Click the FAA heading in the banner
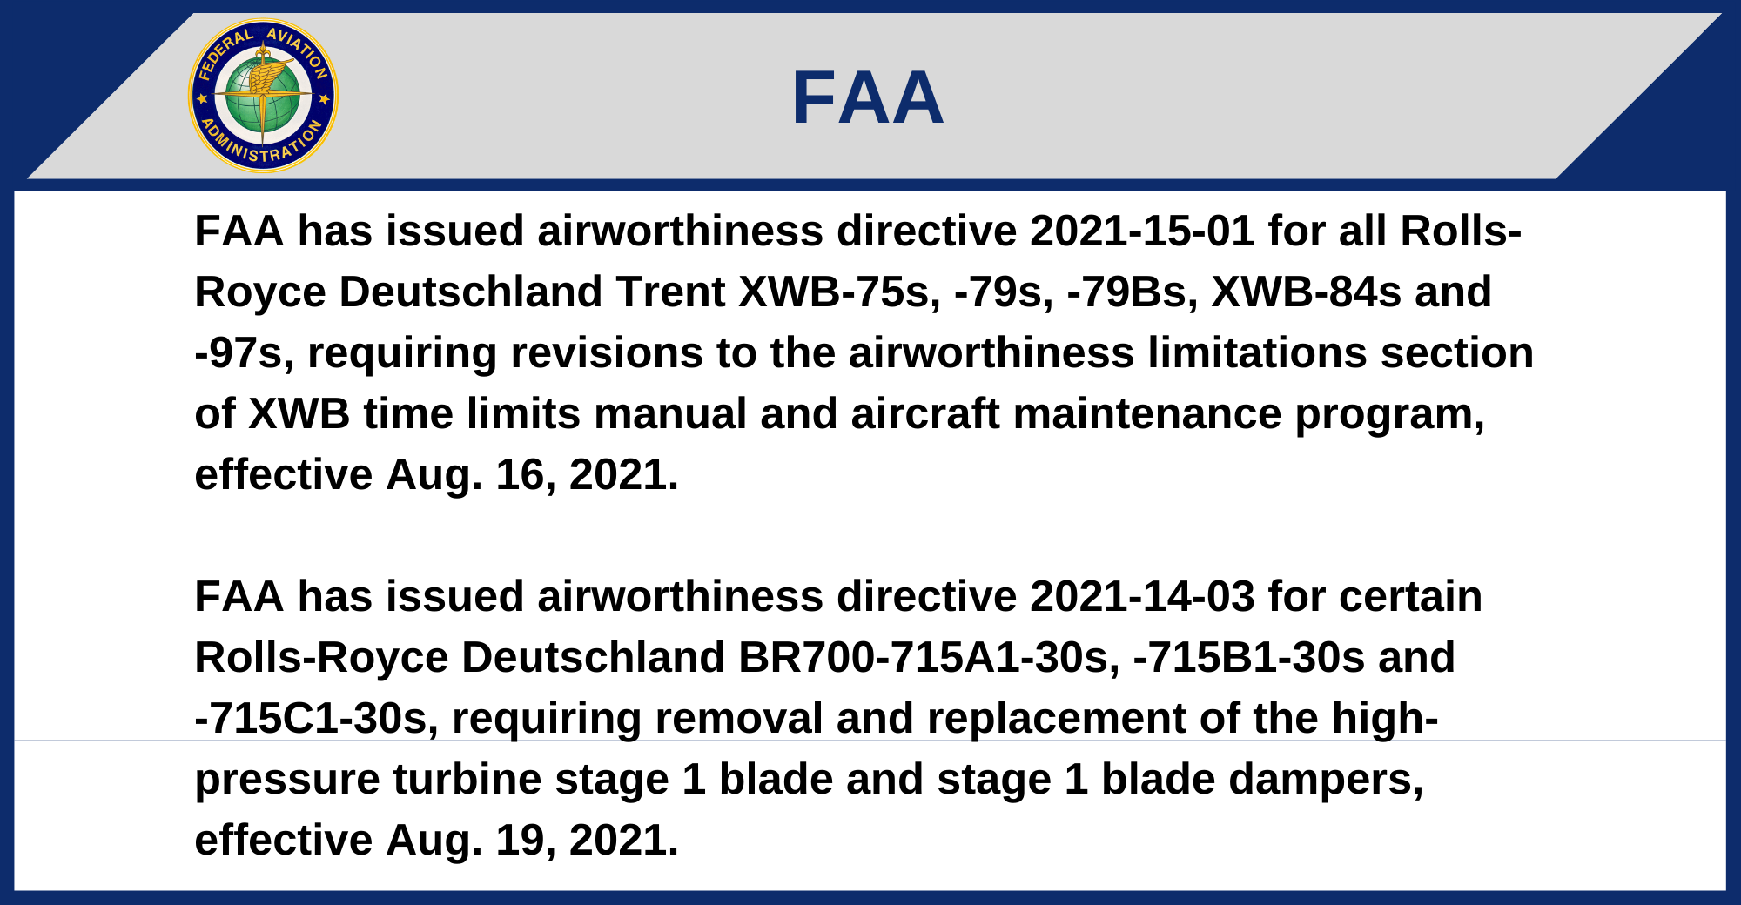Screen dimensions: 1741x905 pyautogui.click(x=867, y=97)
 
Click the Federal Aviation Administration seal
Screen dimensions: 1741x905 pyautogui.click(x=263, y=96)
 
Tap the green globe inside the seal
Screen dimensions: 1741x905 pyautogui.click(x=263, y=96)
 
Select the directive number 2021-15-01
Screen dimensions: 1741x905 pyautogui.click(x=1142, y=231)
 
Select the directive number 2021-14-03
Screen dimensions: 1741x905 pyautogui.click(x=1142, y=597)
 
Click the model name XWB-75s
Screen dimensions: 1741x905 pyautogui.click(x=840, y=292)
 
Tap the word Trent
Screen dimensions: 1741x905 pyautogui.click(x=670, y=292)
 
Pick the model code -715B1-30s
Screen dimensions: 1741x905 pyautogui.click(x=1249, y=658)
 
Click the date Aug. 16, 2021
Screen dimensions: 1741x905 pyautogui.click(x=532, y=476)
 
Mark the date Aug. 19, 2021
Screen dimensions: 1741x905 pyautogui.click(x=532, y=841)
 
